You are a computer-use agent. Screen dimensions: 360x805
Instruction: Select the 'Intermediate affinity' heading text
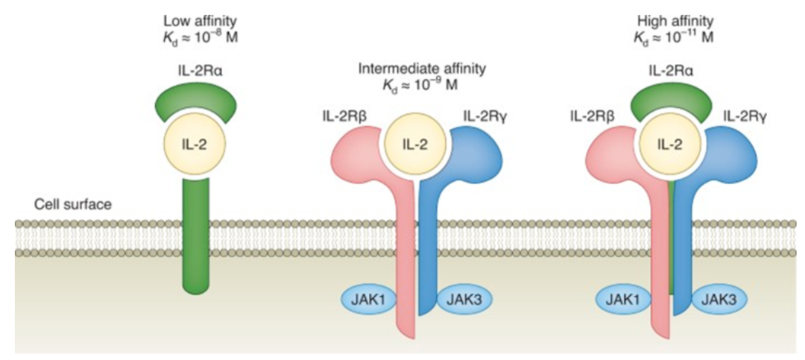click(x=422, y=69)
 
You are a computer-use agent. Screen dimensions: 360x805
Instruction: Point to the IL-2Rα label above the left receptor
click(x=198, y=71)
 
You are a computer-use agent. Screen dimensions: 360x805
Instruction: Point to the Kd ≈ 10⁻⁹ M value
click(x=422, y=85)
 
